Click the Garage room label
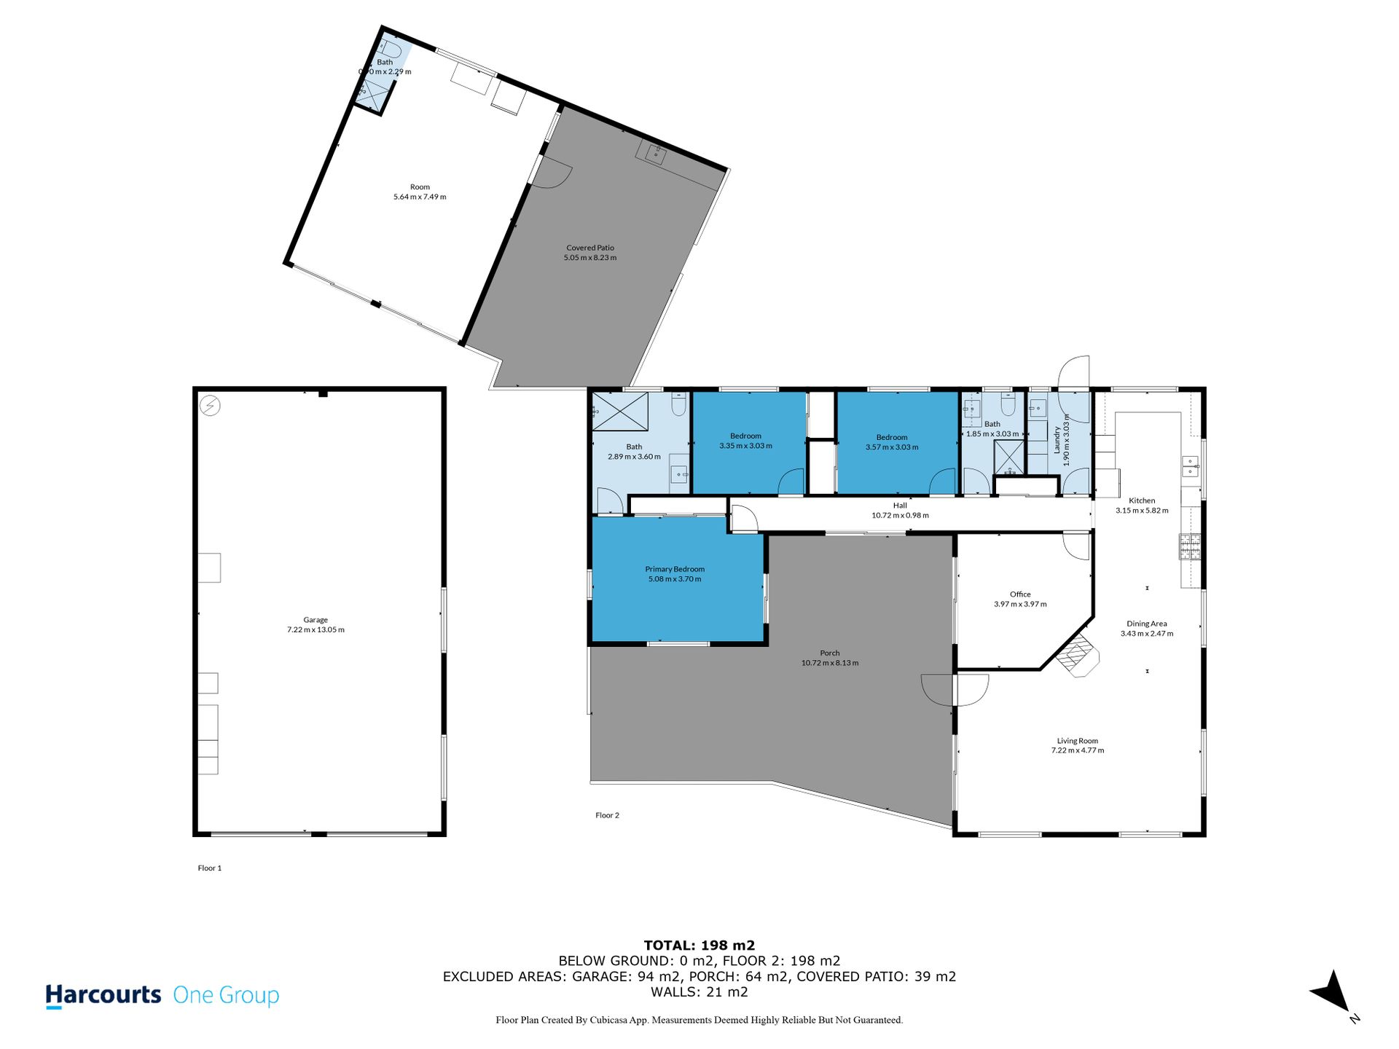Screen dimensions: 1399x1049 tap(316, 620)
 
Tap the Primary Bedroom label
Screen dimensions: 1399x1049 tap(675, 569)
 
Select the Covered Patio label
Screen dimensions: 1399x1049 tap(590, 248)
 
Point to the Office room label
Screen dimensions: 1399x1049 tap(1020, 594)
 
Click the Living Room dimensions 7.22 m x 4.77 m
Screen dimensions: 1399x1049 tap(1078, 750)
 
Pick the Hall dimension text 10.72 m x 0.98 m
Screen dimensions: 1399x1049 tap(900, 515)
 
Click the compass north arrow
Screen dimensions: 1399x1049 tap(1333, 992)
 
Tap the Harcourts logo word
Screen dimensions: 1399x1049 tap(103, 995)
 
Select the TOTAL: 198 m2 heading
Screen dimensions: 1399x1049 tap(699, 946)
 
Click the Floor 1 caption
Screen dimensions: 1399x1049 tap(210, 868)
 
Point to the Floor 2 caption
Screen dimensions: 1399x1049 tap(607, 815)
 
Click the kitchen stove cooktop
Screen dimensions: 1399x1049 tap(1190, 547)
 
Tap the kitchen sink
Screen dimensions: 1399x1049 tap(1190, 466)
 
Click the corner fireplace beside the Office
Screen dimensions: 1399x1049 tap(1078, 656)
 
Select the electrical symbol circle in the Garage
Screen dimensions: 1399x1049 tap(210, 406)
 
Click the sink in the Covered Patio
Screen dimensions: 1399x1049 tap(656, 154)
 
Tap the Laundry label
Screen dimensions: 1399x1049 tap(1057, 440)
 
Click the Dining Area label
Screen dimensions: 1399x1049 tap(1147, 624)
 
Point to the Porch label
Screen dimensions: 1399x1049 tap(830, 653)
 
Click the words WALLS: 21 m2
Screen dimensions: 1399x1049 tap(699, 992)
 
